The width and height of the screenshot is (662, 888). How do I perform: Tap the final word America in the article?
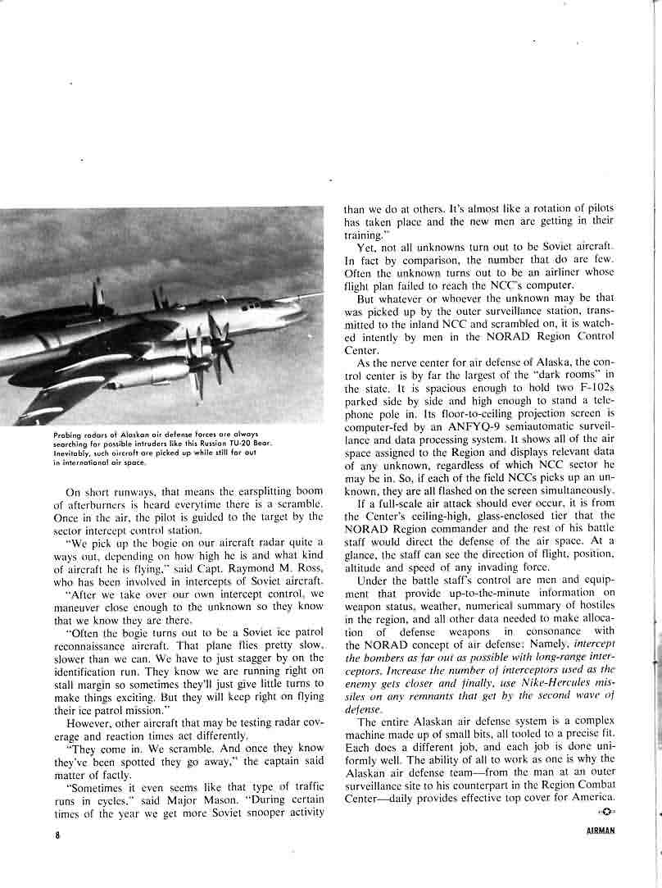pyautogui.click(x=589, y=799)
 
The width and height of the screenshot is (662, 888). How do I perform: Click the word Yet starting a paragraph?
pyautogui.click(x=365, y=248)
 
